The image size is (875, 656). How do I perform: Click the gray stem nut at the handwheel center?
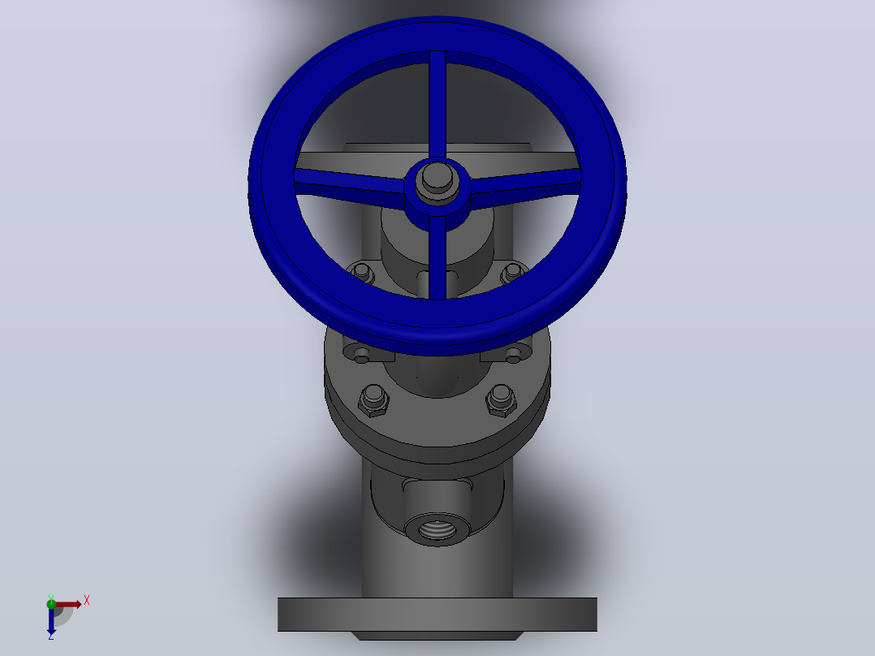437,179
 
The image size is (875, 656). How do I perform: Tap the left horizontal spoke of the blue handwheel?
349,181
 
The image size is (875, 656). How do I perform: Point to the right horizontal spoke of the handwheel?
526,180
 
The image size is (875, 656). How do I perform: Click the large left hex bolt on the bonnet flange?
373,401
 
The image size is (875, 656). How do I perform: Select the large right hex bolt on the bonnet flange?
501,401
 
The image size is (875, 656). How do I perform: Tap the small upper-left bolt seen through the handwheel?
362,273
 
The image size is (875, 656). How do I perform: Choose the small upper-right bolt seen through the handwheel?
512,273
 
